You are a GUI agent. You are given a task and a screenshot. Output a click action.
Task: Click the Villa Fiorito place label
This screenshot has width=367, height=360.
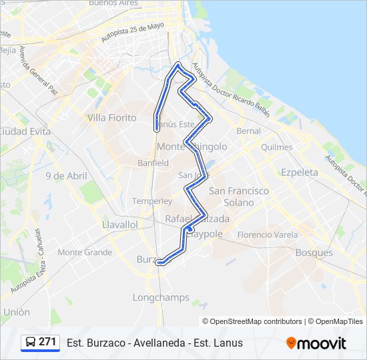[111, 118]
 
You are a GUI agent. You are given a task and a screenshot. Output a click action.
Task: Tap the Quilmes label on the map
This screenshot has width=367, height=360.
[277, 147]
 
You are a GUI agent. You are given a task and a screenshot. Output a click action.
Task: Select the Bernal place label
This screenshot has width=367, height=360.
[248, 131]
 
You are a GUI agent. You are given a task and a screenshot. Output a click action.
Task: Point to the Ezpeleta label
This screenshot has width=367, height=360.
[300, 172]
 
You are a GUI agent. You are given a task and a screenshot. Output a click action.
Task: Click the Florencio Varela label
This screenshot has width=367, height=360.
[267, 235]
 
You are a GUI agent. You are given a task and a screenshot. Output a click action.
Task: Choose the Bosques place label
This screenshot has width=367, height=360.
[314, 253]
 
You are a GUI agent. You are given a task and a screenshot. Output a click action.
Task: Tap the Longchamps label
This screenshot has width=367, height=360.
[161, 297]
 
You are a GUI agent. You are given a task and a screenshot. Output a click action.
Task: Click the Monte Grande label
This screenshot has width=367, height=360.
[85, 253]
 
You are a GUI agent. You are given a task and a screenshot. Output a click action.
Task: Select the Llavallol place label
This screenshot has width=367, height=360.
[120, 225]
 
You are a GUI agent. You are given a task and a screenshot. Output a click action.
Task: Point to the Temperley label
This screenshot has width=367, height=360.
[152, 201]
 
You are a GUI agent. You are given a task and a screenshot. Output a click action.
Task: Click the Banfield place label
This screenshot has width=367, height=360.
[153, 163]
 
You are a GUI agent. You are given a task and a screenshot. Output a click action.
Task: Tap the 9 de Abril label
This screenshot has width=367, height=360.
[66, 176]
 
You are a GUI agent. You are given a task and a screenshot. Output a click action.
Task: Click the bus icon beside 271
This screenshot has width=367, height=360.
[30, 343]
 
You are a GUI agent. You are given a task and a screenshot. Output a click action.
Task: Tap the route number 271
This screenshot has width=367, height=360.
[47, 342]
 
